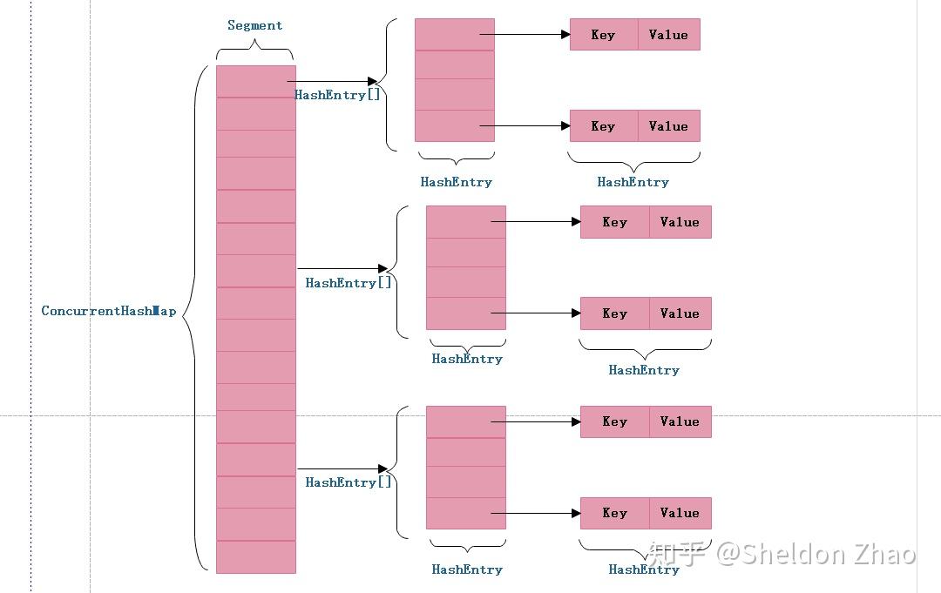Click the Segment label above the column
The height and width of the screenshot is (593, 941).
254,25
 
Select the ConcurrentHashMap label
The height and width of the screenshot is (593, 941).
109,311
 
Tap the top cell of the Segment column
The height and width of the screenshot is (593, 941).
255,82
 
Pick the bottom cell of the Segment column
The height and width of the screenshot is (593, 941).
255,557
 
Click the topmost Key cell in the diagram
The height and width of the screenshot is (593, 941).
603,35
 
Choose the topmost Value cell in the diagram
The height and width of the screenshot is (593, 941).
668,35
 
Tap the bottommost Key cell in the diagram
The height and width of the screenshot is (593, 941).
614,513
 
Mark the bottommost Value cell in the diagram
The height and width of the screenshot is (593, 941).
680,513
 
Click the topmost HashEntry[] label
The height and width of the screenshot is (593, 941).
338,95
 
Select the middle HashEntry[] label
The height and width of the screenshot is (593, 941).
349,283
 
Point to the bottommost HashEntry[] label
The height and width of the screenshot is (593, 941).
349,482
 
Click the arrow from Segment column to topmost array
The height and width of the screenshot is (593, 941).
332,82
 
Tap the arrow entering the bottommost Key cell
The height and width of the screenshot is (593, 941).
536,513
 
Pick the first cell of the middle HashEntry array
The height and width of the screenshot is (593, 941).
465,222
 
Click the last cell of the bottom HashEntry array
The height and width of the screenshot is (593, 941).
465,513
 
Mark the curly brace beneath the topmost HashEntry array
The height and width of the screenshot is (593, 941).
456,159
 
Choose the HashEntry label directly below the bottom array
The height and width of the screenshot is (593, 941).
467,569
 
